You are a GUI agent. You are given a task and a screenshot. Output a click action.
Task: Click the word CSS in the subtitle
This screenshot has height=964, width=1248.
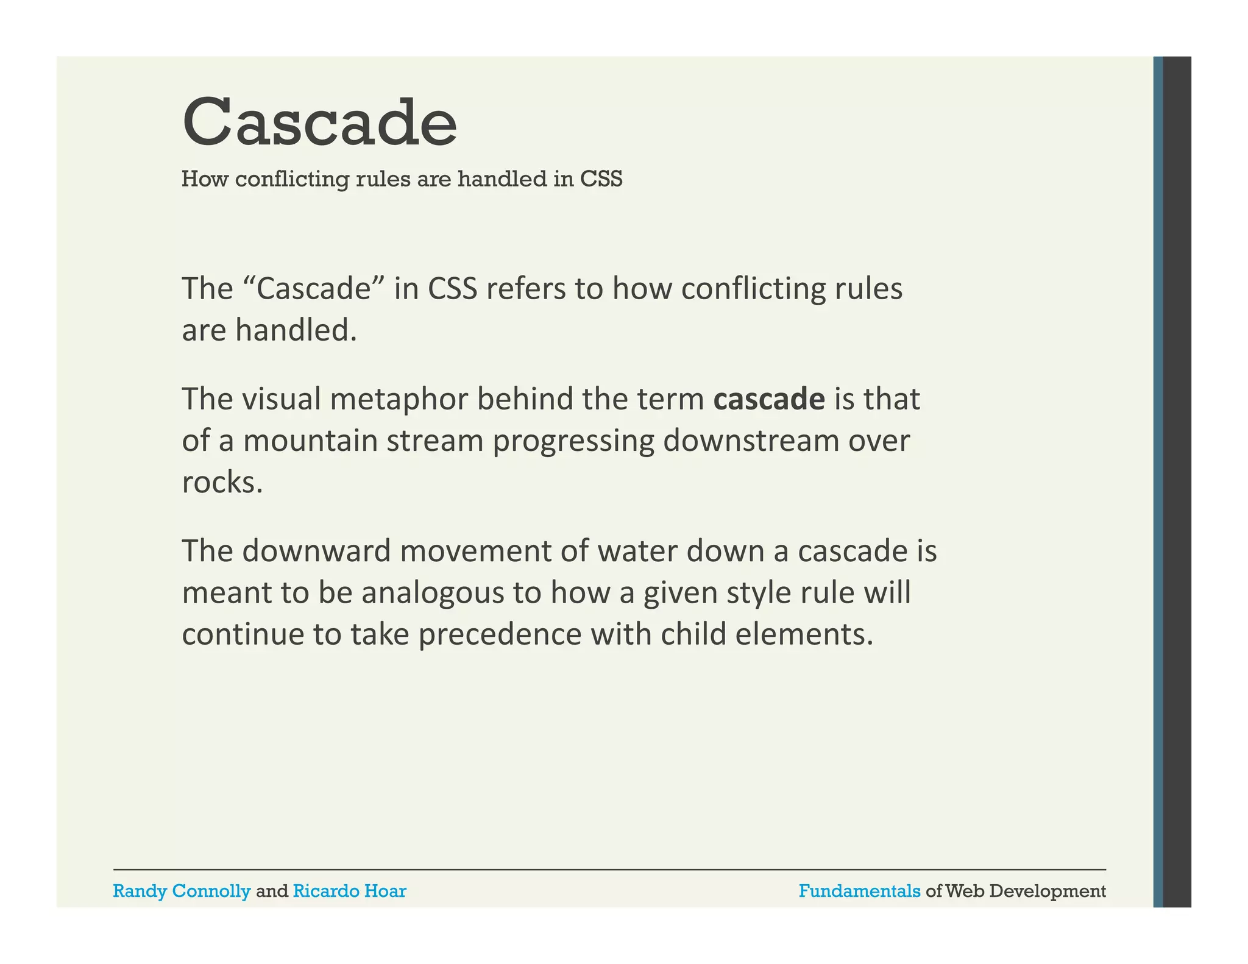pos(601,179)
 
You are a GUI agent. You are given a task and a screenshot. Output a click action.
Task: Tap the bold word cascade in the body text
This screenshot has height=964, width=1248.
pos(769,399)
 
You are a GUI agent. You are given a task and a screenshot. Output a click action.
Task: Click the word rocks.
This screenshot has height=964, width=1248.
pos(222,483)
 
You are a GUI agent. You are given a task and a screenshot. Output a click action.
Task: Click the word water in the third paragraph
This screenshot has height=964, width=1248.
pos(637,551)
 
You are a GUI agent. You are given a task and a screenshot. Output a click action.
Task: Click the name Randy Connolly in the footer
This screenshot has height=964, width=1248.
pos(182,891)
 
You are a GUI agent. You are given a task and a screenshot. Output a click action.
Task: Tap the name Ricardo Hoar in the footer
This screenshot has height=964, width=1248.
pos(349,891)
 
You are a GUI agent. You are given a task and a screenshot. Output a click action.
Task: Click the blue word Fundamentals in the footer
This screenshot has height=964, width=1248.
pos(859,891)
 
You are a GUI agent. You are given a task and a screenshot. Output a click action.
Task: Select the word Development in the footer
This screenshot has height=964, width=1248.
pos(1048,891)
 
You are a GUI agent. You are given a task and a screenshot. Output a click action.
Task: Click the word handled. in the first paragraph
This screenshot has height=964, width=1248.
pos(296,330)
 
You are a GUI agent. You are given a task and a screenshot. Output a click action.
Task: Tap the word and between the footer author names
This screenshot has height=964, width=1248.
pos(272,891)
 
